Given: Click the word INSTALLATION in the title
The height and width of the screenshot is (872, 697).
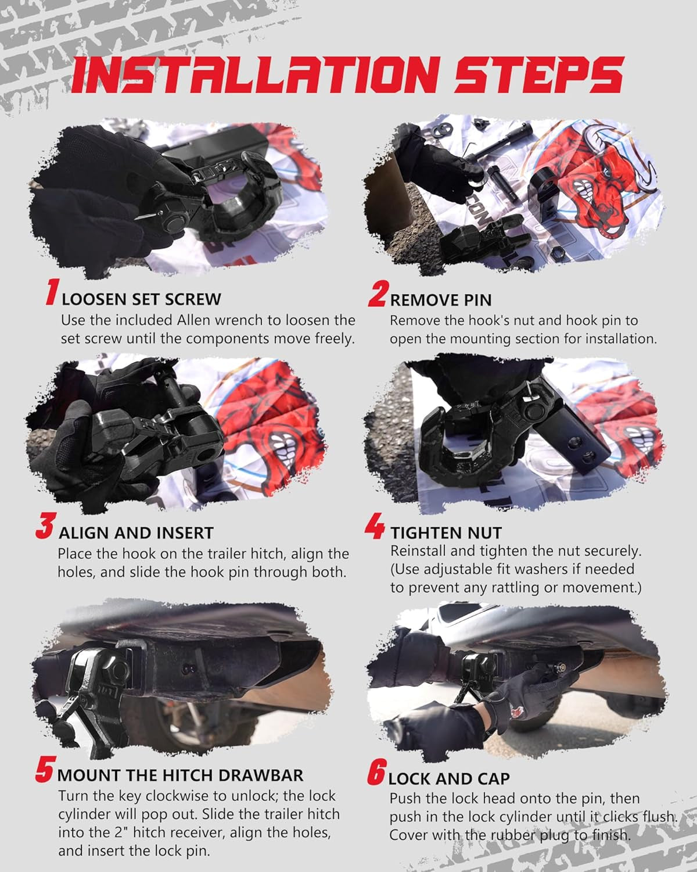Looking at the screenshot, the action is point(256,75).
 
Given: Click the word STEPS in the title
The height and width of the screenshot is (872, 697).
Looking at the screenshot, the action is point(538,74).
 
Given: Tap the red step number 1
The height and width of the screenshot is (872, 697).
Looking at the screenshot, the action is point(53,292).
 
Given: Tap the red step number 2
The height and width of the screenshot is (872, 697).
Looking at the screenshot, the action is point(378,294).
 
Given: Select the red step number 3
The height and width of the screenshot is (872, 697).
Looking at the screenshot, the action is point(45,526).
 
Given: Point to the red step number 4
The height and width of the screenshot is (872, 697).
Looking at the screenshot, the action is point(375,526).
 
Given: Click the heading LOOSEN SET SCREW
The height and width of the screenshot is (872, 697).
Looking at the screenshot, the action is point(141,299).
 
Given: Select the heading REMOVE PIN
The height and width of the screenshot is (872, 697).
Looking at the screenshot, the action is point(441,300).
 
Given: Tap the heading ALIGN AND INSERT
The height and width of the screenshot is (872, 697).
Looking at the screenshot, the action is point(136,533).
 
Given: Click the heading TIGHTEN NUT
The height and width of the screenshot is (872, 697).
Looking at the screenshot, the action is point(446,533).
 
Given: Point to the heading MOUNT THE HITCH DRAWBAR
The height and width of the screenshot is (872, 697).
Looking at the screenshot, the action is point(180,775).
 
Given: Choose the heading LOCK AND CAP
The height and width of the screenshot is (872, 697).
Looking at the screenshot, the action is point(449,779).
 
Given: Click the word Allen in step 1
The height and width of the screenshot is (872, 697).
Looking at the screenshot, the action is point(195,320).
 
